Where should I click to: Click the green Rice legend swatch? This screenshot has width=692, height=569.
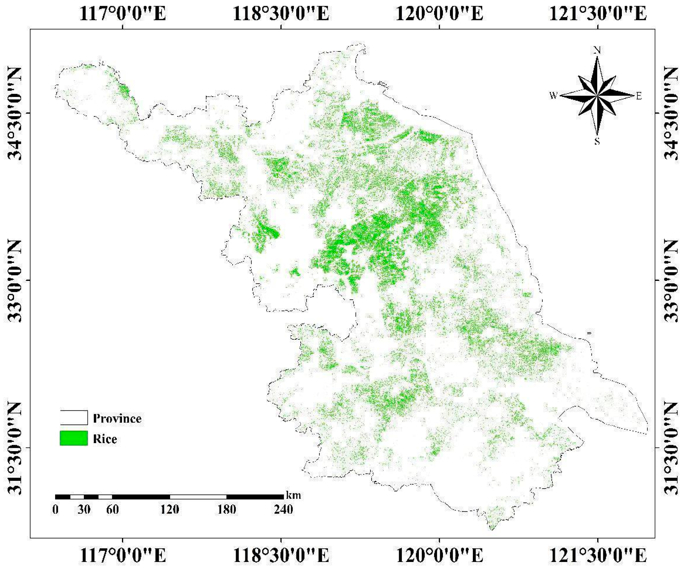tap(74, 438)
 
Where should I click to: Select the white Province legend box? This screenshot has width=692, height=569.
tap(74, 417)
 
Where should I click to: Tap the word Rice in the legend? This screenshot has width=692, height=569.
tap(105, 439)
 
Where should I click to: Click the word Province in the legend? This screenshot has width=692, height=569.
tap(117, 418)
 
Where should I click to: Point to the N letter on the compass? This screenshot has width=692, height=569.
tap(597, 50)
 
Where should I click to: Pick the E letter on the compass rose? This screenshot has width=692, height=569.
tap(639, 96)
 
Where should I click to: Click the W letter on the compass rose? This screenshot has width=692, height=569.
tap(553, 95)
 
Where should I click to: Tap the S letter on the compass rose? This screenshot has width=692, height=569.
tap(597, 141)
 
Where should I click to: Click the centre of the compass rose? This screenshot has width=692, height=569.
tap(597, 96)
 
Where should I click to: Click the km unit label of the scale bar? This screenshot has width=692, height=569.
tap(293, 495)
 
